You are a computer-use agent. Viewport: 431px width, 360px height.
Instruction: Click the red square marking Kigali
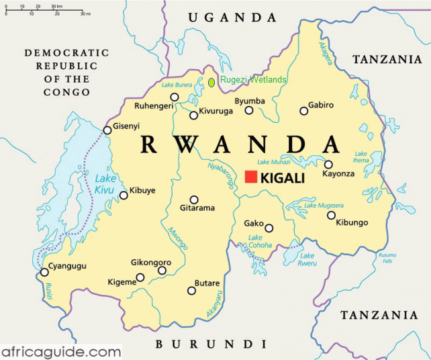pos(251,177)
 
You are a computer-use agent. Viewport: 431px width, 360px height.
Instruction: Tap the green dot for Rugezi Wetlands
pos(211,82)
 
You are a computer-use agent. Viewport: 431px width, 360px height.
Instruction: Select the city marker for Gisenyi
pos(107,130)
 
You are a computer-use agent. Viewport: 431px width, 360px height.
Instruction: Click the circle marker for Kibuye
pos(124,195)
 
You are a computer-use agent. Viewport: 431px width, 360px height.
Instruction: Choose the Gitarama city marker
pos(194,199)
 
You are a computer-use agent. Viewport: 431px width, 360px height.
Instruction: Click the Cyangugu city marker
pos(44,272)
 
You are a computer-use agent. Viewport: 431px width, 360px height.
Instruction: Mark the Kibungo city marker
pos(331,215)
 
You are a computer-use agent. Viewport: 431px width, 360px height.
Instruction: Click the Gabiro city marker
pos(301,111)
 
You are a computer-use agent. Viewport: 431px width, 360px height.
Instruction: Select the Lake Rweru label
pos(307,259)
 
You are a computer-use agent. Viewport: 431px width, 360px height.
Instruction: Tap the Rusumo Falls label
pos(387,257)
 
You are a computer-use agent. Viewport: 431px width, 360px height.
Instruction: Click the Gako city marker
pos(269,228)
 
